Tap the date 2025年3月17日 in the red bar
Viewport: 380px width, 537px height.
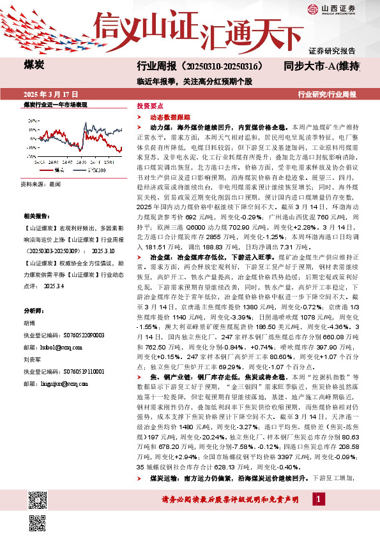[x=45, y=95]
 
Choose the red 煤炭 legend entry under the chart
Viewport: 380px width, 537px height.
[x=56, y=170]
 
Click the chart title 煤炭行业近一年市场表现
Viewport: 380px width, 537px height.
[x=54, y=104]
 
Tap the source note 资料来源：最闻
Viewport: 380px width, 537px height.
[x=40, y=183]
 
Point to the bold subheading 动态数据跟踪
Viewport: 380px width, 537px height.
[x=168, y=117]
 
